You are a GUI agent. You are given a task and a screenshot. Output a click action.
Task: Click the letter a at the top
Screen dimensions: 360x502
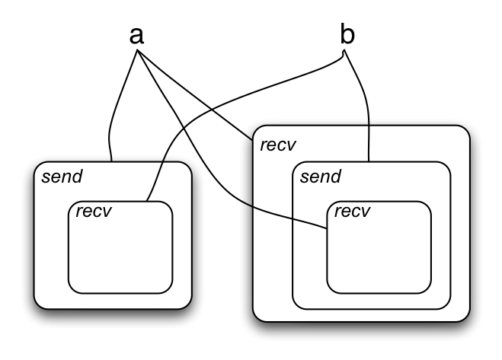(x=137, y=36)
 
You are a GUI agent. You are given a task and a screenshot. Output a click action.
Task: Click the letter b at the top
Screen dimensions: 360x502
(x=346, y=34)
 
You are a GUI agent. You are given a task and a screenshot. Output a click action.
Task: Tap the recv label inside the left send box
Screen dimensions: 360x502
(x=92, y=210)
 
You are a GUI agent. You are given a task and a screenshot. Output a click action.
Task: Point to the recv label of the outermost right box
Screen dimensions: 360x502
(x=278, y=145)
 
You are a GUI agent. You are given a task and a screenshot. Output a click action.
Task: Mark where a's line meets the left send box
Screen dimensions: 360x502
(x=111, y=161)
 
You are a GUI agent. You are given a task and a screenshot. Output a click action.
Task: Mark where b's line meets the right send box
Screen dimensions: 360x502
(x=369, y=161)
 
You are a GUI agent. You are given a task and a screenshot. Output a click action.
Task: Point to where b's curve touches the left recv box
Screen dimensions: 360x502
(x=147, y=202)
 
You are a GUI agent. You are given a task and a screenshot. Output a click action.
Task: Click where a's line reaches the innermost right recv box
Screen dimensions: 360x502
(x=328, y=226)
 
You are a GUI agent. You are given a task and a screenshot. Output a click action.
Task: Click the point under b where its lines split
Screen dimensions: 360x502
(x=345, y=52)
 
